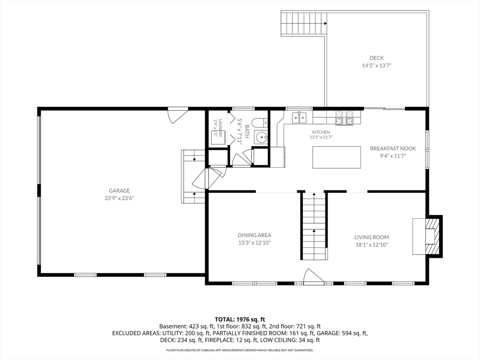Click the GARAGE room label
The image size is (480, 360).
[x=120, y=191]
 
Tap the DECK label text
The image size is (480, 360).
[x=376, y=58]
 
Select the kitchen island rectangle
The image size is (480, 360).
[x=337, y=157]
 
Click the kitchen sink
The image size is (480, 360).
[x=300, y=118]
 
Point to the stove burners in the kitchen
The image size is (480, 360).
[x=345, y=118]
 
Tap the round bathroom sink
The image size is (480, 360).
[x=261, y=137]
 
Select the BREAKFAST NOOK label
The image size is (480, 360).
[x=393, y=149]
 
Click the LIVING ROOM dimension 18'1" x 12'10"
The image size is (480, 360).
[x=372, y=245]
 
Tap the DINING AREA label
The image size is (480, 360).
[x=255, y=235]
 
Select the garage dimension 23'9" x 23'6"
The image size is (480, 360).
[x=120, y=198]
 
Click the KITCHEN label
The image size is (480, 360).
[x=321, y=132]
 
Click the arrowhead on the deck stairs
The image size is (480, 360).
[x=325, y=23]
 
